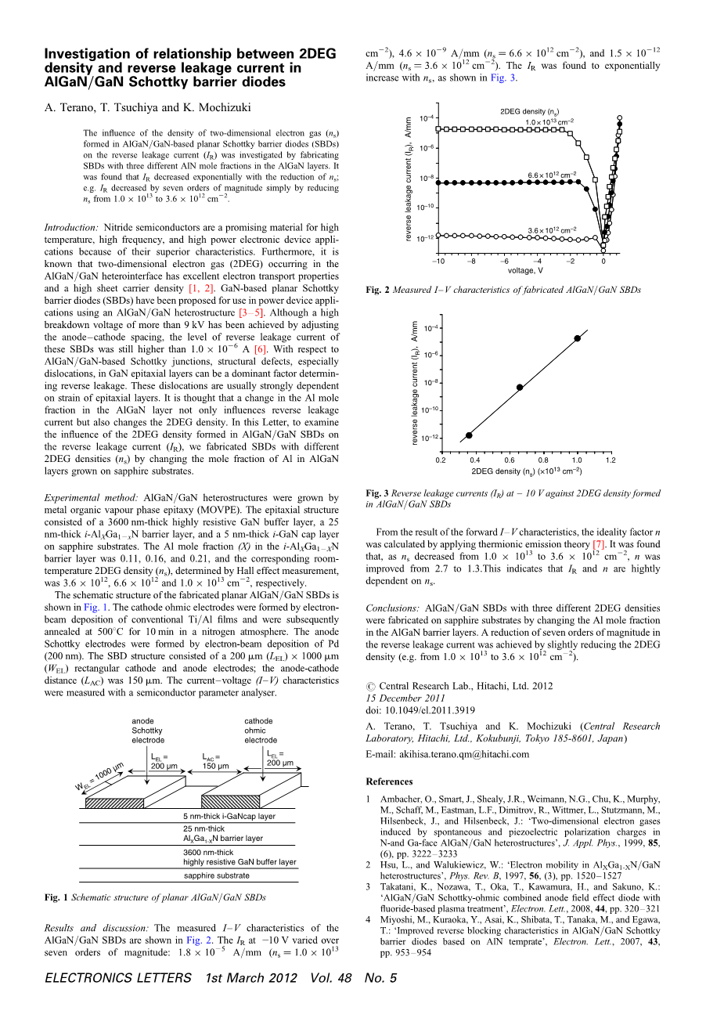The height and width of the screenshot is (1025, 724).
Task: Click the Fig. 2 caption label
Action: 377,290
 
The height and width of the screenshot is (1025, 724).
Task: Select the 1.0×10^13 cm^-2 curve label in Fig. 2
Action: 549,121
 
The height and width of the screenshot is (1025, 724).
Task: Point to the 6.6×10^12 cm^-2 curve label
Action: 552,174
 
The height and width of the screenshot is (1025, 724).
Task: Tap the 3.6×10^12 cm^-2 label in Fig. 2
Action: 552,229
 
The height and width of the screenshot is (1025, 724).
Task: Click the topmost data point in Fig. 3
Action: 577,338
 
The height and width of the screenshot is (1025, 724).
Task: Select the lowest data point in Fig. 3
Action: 469,435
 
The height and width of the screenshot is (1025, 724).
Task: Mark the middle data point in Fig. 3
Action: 520,387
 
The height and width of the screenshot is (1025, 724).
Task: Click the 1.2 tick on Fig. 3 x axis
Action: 611,460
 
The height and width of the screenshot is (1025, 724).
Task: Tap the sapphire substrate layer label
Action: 217,875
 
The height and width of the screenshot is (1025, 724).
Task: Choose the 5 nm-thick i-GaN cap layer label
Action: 229,816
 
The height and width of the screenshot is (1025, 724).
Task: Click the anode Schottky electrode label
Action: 148,731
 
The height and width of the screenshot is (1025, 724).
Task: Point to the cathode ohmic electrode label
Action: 261,731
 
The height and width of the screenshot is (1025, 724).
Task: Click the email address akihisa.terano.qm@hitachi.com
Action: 447,754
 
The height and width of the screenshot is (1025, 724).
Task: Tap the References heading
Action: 389,781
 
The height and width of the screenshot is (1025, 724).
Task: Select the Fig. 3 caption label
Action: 377,493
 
